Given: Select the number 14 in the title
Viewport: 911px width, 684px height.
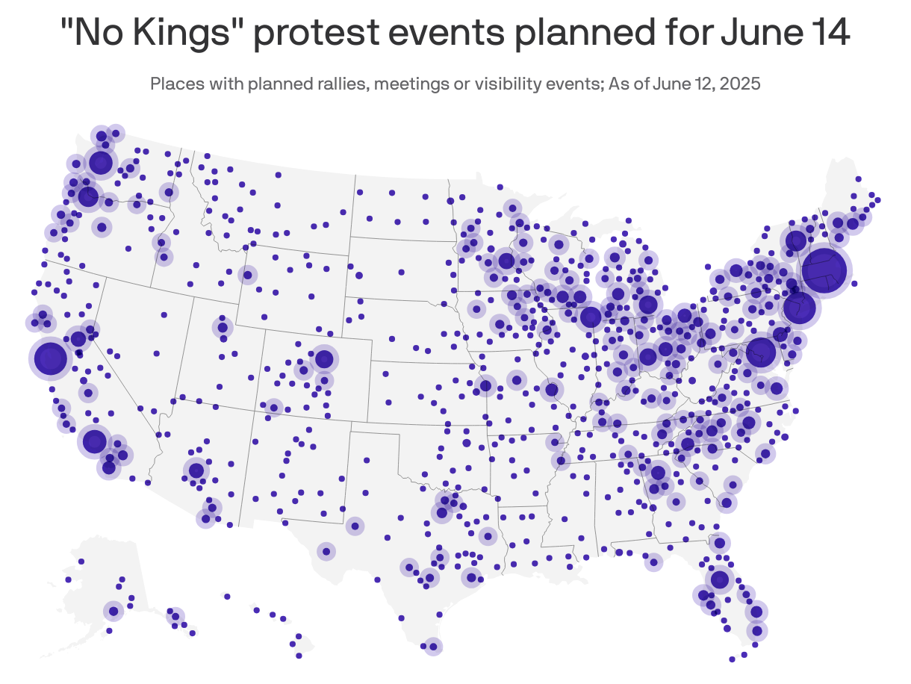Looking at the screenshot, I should point(825,35).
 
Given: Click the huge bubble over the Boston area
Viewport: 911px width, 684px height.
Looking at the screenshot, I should point(824,270).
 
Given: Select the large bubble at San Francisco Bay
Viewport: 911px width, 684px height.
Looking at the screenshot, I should point(51,358).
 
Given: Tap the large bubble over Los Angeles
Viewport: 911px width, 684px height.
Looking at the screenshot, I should point(95,441).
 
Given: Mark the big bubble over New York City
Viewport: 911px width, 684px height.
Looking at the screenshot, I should point(799,309).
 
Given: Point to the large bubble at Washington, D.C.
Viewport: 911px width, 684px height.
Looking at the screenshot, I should point(761,353).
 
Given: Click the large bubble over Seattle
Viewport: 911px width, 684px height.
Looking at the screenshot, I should point(100,162).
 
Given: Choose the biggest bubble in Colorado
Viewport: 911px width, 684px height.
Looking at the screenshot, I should point(323,359).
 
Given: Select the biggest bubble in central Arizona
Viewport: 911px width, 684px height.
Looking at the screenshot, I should point(196,470).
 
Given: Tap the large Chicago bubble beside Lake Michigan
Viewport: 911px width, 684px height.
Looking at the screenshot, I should point(591,317).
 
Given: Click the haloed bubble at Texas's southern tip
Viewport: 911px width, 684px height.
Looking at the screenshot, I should point(432,646).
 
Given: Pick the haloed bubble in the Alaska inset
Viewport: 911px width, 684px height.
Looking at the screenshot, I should point(114,611).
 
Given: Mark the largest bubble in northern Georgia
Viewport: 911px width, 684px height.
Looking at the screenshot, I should point(658,473).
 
